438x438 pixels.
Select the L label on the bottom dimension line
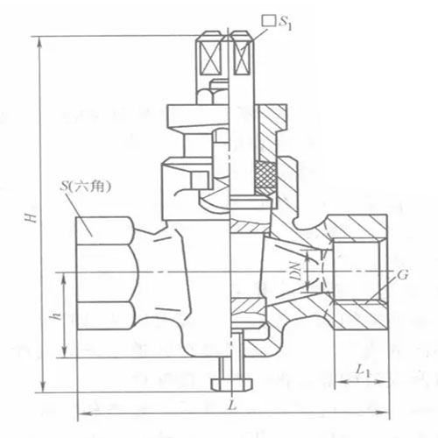tap(230, 406)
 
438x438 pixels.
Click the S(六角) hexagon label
tap(85, 186)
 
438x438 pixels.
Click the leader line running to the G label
tap(385, 282)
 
